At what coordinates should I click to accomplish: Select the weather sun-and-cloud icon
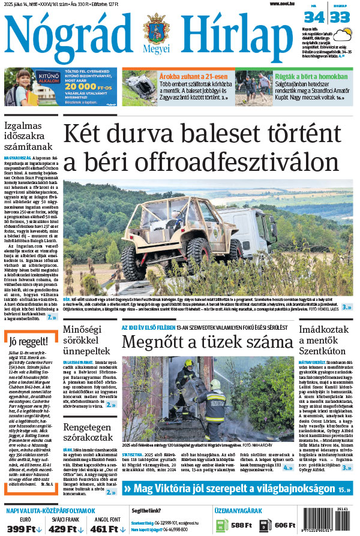click(343, 36)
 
